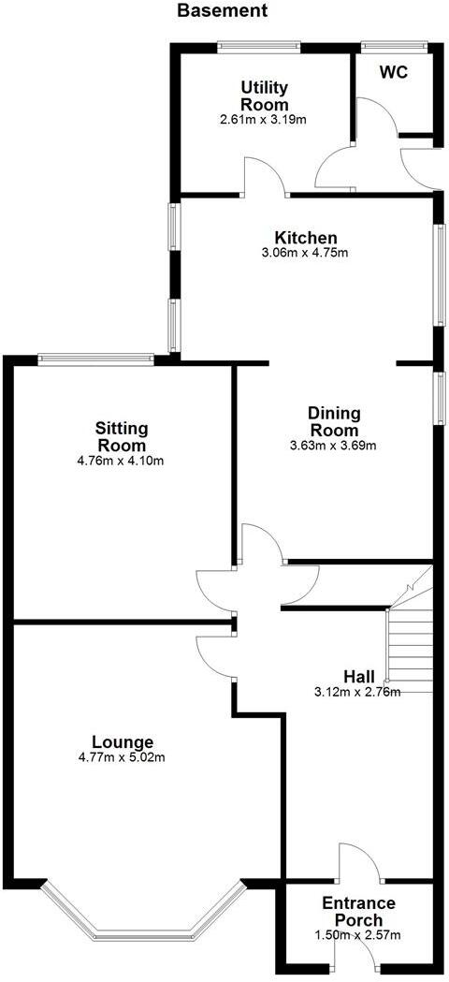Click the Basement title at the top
[222, 11]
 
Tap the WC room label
[394, 74]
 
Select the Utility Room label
[265, 96]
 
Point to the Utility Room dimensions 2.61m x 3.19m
[265, 120]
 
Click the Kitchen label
[305, 237]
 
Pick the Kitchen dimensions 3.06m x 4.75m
[305, 253]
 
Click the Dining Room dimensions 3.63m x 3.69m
[334, 445]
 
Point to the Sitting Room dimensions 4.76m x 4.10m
[123, 461]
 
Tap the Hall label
[358, 676]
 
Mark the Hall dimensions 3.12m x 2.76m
[358, 693]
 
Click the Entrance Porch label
[358, 912]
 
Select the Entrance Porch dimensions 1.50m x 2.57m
[358, 935]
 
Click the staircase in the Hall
[411, 646]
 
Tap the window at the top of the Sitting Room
[95, 357]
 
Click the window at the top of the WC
[394, 44]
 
